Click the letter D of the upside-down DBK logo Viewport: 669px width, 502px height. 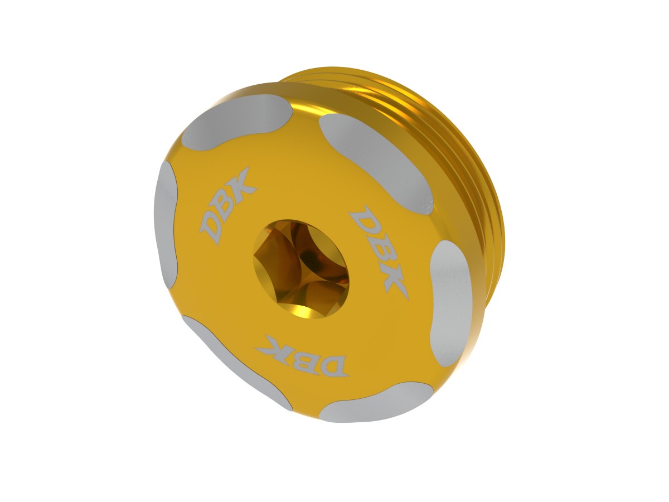coord(333,365)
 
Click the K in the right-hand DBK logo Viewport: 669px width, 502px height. coord(393,282)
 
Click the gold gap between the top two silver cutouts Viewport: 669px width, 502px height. coord(304,112)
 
